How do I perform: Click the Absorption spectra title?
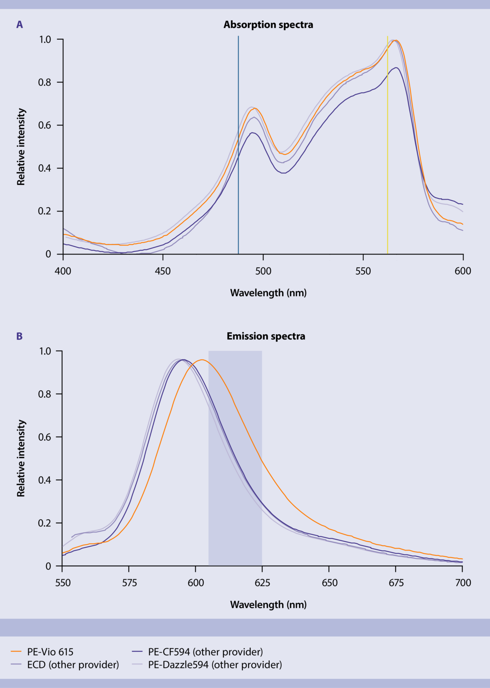click(x=268, y=25)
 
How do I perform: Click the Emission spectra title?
click(x=266, y=336)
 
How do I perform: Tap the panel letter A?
click(x=20, y=25)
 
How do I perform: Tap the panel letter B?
click(x=19, y=336)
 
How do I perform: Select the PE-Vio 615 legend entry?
click(x=50, y=652)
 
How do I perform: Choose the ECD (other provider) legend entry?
click(x=73, y=664)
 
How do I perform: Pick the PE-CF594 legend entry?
click(x=205, y=652)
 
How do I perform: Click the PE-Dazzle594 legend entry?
click(x=215, y=664)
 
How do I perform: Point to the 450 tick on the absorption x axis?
click(x=163, y=271)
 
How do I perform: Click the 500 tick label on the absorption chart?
click(x=263, y=271)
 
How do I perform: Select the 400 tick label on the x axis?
click(x=63, y=271)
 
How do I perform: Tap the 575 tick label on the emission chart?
click(x=129, y=582)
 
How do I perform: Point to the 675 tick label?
click(x=396, y=582)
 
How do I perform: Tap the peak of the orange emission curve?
click(x=202, y=360)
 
